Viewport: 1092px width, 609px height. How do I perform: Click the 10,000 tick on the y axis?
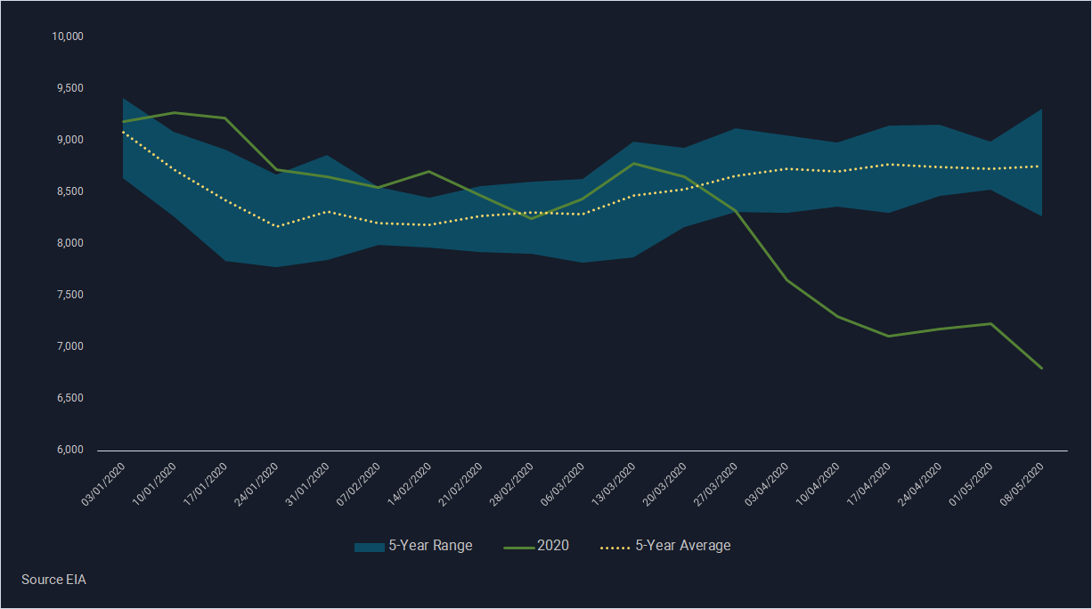pos(67,37)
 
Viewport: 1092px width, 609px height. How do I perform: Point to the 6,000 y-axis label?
pos(69,450)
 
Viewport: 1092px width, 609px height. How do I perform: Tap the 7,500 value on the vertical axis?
pos(69,295)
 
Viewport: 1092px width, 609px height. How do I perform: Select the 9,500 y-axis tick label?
pos(69,88)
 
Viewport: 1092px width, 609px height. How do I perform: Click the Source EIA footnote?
pos(53,580)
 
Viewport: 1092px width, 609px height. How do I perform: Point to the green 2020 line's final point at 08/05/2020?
pos(1041,368)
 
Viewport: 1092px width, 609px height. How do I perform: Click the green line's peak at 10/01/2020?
pos(175,112)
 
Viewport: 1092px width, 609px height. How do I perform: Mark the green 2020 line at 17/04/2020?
pos(888,336)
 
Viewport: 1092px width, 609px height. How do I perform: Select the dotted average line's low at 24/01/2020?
pos(277,226)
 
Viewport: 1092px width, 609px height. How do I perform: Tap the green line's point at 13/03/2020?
pos(633,163)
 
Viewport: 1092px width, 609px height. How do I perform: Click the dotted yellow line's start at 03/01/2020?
pos(123,132)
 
